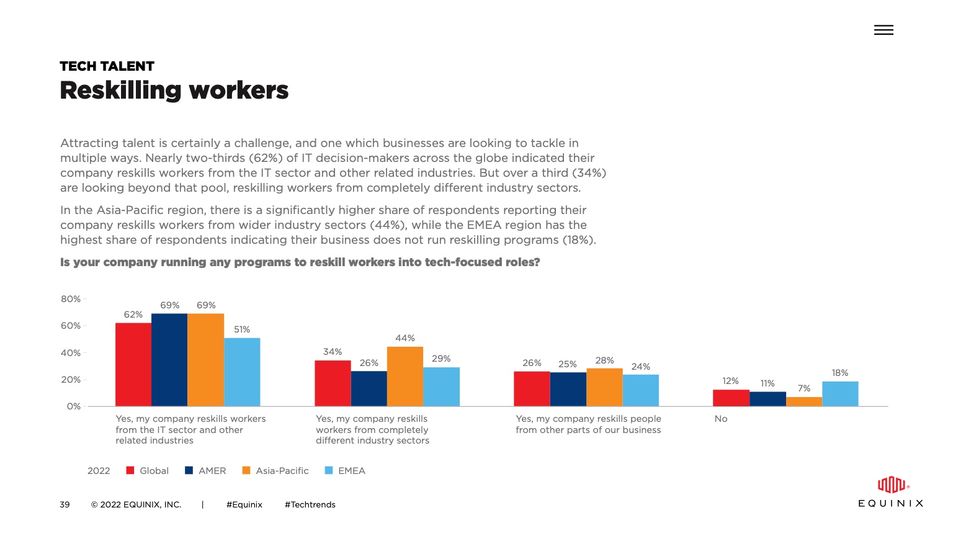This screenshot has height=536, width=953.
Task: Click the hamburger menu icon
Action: click(884, 30)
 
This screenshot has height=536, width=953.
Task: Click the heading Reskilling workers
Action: click(174, 91)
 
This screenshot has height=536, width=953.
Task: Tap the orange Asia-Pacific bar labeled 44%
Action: click(405, 377)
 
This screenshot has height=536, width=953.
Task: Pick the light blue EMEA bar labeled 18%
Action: click(840, 394)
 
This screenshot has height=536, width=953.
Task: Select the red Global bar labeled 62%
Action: click(133, 365)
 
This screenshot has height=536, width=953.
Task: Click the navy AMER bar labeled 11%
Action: click(767, 399)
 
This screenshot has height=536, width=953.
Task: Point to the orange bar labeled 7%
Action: click(804, 401)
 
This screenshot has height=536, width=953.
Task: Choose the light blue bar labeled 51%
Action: click(242, 372)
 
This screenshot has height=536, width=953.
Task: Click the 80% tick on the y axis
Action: click(71, 299)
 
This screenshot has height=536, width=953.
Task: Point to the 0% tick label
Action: click(74, 406)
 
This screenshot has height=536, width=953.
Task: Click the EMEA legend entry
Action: click(346, 471)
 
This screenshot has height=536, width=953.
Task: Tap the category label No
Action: click(721, 419)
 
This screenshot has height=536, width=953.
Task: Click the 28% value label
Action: click(604, 360)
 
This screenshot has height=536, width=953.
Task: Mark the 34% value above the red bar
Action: click(333, 352)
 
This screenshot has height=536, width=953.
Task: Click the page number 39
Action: click(65, 504)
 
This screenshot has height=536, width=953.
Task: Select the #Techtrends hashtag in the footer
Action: click(310, 504)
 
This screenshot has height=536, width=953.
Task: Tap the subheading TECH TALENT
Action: click(107, 66)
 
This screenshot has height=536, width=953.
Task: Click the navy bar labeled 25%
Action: click(568, 389)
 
